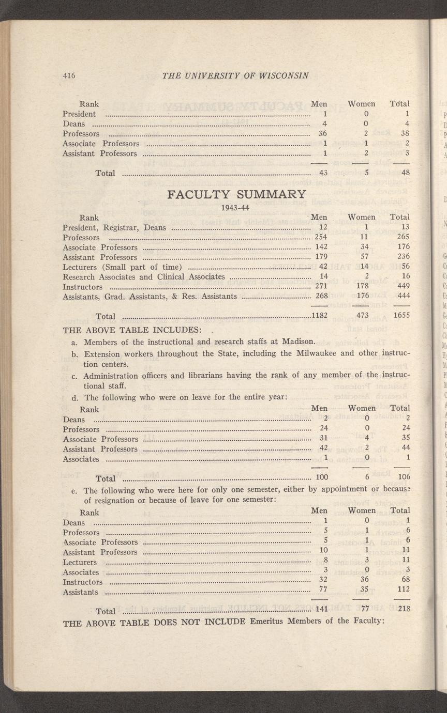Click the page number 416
click(x=69, y=75)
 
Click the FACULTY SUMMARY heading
click(x=236, y=194)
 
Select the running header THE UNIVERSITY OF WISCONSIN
click(x=235, y=75)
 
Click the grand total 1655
click(x=401, y=316)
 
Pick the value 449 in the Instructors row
click(x=403, y=286)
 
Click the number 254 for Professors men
click(x=321, y=237)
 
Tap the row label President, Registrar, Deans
click(x=114, y=227)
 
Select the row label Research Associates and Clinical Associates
click(x=144, y=276)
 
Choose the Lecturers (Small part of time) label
click(x=122, y=267)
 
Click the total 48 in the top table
click(x=405, y=173)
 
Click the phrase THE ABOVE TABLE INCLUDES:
click(x=131, y=330)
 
